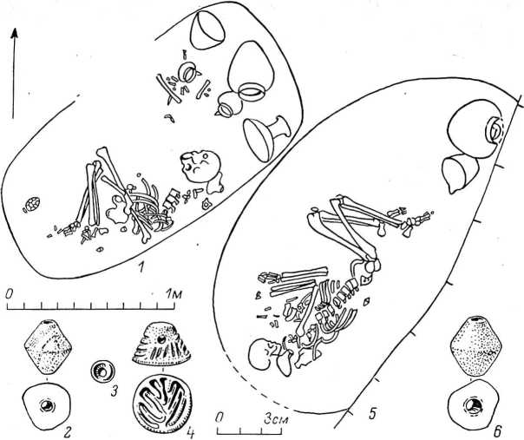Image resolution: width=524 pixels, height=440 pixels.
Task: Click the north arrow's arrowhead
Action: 15,34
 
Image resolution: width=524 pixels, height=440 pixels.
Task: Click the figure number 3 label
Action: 115,391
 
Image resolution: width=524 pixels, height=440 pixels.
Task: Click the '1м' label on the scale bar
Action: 174,294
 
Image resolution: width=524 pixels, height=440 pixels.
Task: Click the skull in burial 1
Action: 200,167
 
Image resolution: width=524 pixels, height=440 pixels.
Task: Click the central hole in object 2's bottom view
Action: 46,406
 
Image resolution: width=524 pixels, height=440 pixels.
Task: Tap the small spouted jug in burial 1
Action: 228,104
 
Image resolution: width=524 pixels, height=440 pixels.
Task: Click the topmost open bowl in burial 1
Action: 206,30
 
